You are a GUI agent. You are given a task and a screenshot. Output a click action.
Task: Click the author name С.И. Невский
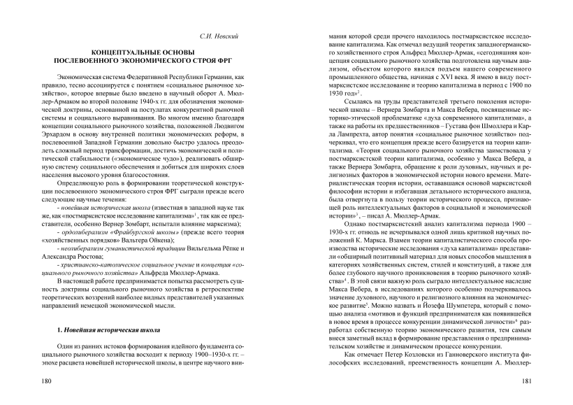222,34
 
